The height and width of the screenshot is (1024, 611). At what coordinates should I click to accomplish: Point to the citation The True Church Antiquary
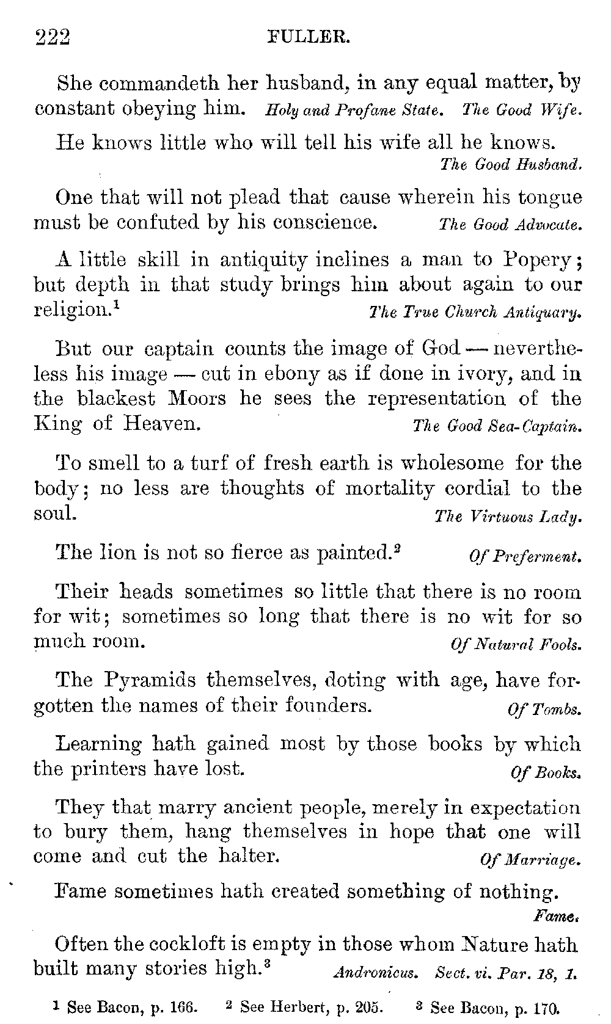pos(475,314)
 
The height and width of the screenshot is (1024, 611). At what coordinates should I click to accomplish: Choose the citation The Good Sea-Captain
pos(496,426)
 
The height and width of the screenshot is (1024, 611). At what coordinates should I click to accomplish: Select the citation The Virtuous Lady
pos(507,517)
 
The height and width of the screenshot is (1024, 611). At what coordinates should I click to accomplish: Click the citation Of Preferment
pos(524,556)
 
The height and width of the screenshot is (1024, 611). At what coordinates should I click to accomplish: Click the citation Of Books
pos(545,772)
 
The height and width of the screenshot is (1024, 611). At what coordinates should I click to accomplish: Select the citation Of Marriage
pos(530,861)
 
